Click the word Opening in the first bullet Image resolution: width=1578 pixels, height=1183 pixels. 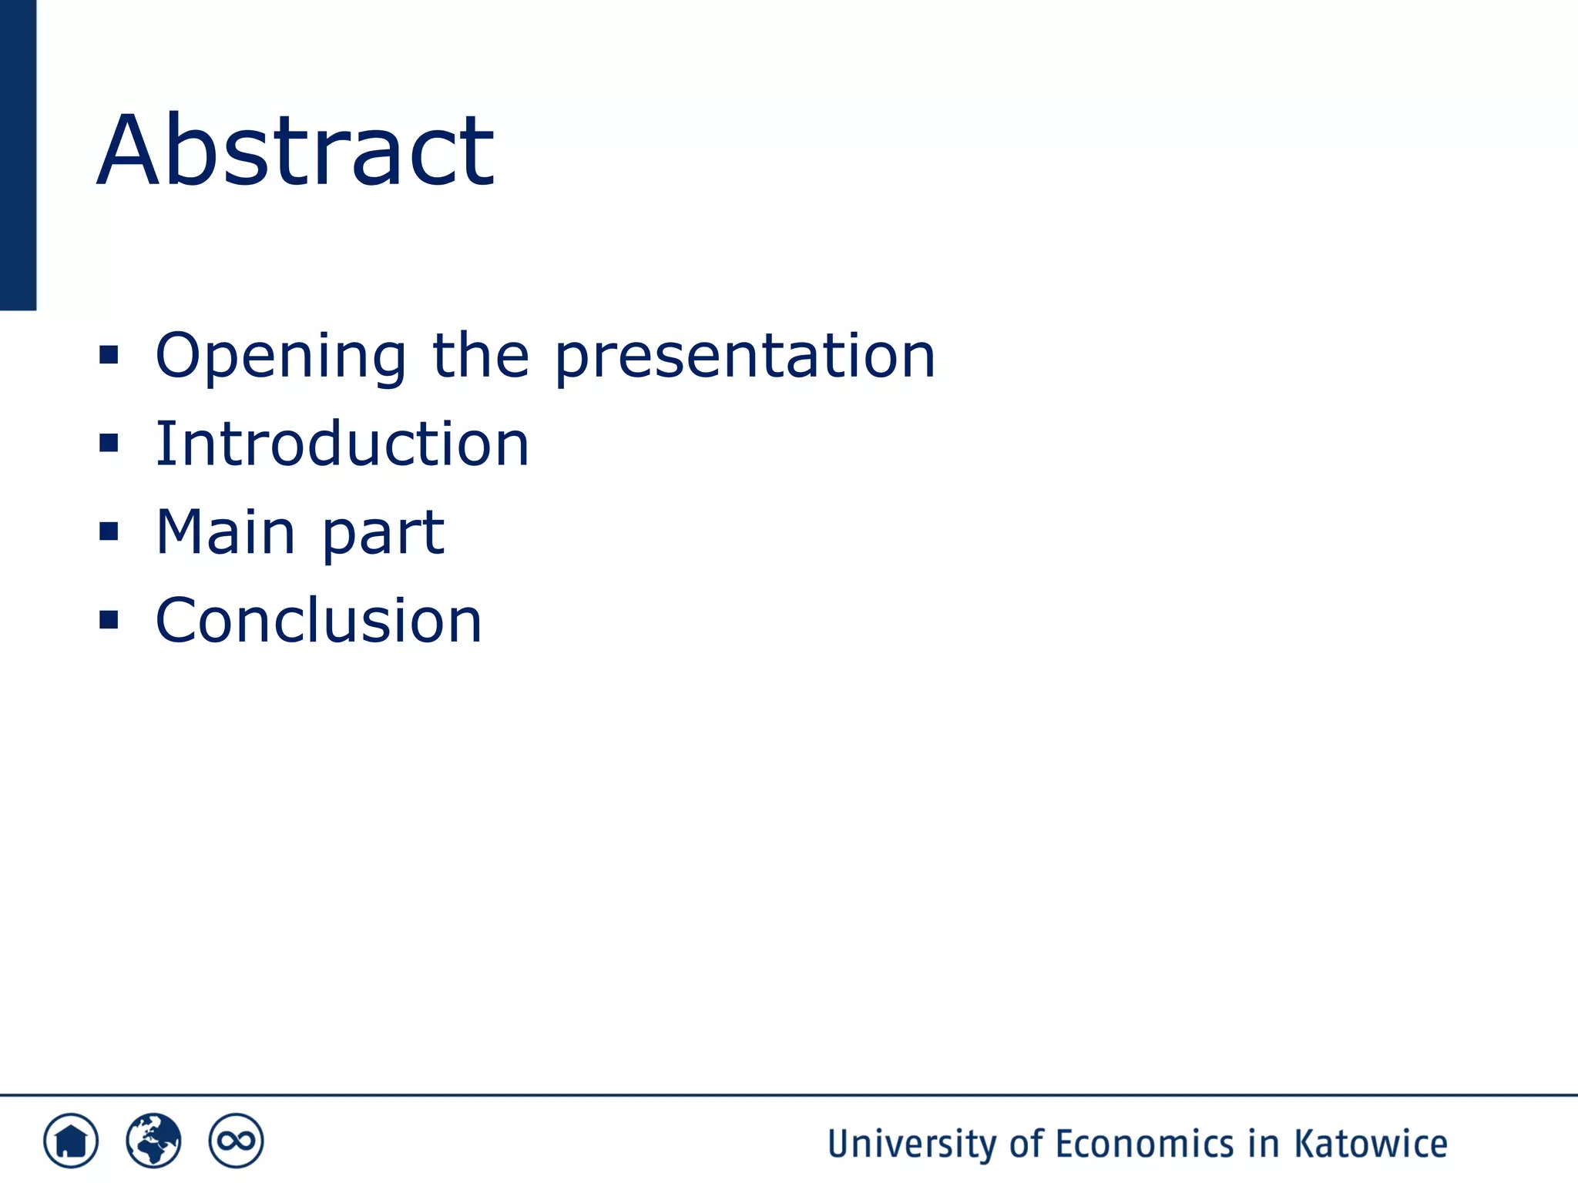[x=280, y=356]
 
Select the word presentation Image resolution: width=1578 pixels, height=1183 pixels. [x=745, y=356]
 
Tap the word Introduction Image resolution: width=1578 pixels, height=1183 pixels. [x=342, y=444]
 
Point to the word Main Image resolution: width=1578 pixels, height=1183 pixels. [x=225, y=532]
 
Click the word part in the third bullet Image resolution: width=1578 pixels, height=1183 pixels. [x=383, y=534]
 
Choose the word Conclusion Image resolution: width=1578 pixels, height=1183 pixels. [x=318, y=621]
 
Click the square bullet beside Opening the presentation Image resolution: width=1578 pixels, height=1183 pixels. [x=109, y=355]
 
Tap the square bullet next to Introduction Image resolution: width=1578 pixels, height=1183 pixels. [x=109, y=444]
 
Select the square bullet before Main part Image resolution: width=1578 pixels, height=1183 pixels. [x=109, y=531]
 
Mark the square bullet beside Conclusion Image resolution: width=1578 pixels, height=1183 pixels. [x=109, y=620]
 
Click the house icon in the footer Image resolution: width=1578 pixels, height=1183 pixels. [x=71, y=1141]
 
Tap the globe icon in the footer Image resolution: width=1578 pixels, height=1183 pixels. [x=153, y=1141]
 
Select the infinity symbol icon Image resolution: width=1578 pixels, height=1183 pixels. [x=236, y=1141]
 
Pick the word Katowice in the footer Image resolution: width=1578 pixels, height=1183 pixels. [x=1371, y=1144]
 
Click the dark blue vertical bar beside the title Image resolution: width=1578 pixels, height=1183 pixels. [x=18, y=154]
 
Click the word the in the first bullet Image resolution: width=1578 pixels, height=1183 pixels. [x=481, y=356]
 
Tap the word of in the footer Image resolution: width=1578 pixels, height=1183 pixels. [x=1026, y=1144]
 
